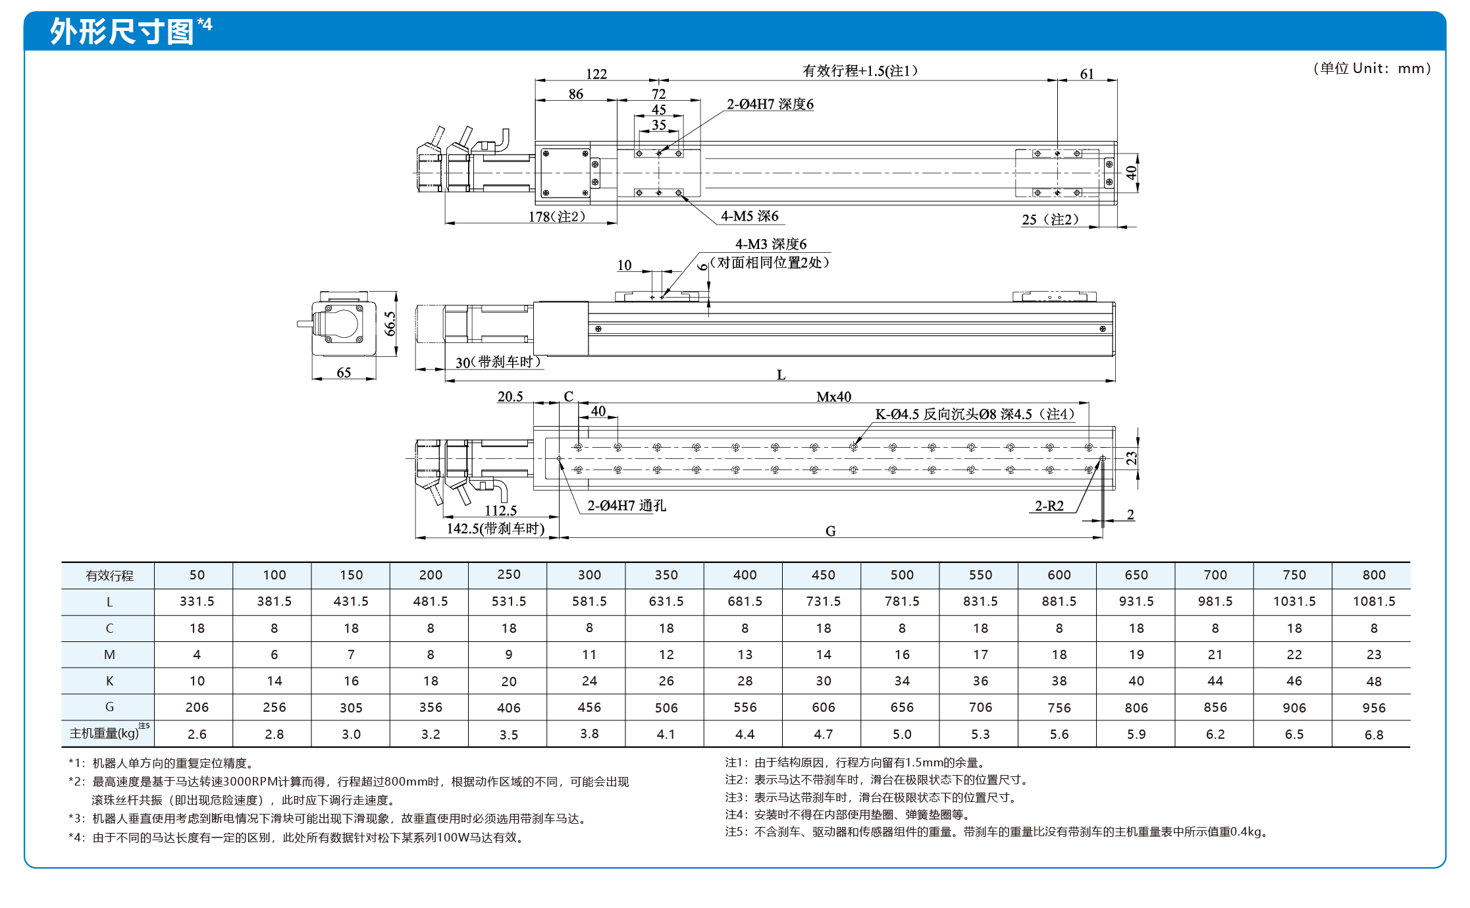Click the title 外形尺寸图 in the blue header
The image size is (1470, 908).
(x=122, y=31)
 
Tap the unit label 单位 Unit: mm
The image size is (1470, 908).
(x=1372, y=68)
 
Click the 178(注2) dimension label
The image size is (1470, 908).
(x=557, y=216)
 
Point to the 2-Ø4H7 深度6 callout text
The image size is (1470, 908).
(x=770, y=104)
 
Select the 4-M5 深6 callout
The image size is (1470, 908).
(x=750, y=216)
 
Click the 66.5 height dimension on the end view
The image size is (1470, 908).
(x=390, y=324)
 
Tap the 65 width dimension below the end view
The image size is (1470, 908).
(x=344, y=373)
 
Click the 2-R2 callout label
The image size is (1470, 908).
(x=1049, y=506)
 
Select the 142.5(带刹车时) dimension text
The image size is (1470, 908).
(x=496, y=528)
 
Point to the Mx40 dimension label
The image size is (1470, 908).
(x=834, y=396)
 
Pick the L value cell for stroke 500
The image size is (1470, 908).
(x=902, y=601)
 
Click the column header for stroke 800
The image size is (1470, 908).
(x=1374, y=575)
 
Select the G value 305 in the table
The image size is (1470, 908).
(x=351, y=708)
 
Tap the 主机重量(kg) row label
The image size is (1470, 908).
(x=109, y=732)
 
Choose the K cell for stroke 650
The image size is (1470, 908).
(x=1136, y=681)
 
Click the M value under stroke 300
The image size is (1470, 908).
(x=589, y=654)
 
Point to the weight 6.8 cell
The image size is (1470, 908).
(x=1374, y=734)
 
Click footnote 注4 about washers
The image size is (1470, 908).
(x=847, y=815)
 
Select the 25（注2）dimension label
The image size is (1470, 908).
(x=1050, y=219)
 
